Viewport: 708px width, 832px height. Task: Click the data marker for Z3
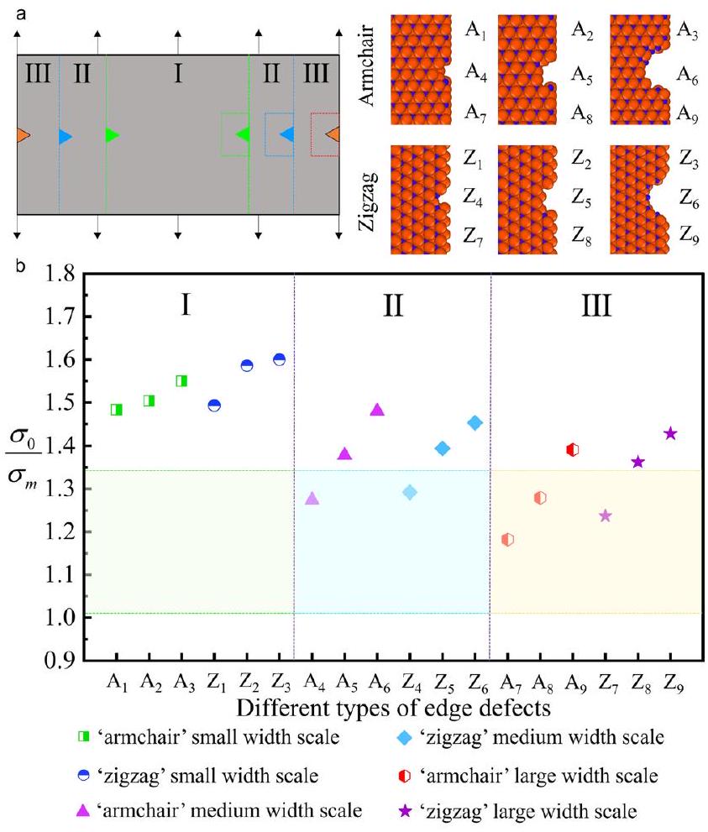click(279, 359)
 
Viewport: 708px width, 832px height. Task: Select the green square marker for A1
click(116, 410)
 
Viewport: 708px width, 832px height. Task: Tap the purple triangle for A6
click(377, 410)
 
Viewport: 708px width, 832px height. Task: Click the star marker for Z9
click(670, 433)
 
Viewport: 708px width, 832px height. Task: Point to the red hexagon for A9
click(573, 450)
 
